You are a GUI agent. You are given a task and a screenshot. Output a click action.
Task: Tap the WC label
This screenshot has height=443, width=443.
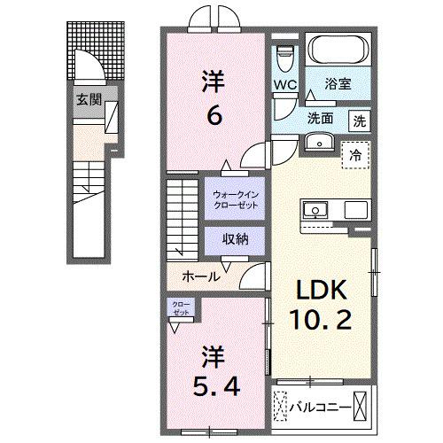coord(284,86)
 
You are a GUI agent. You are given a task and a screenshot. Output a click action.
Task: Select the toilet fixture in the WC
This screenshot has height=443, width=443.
coord(284,58)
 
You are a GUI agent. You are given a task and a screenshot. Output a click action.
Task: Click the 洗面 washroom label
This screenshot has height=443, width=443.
coord(320,117)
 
